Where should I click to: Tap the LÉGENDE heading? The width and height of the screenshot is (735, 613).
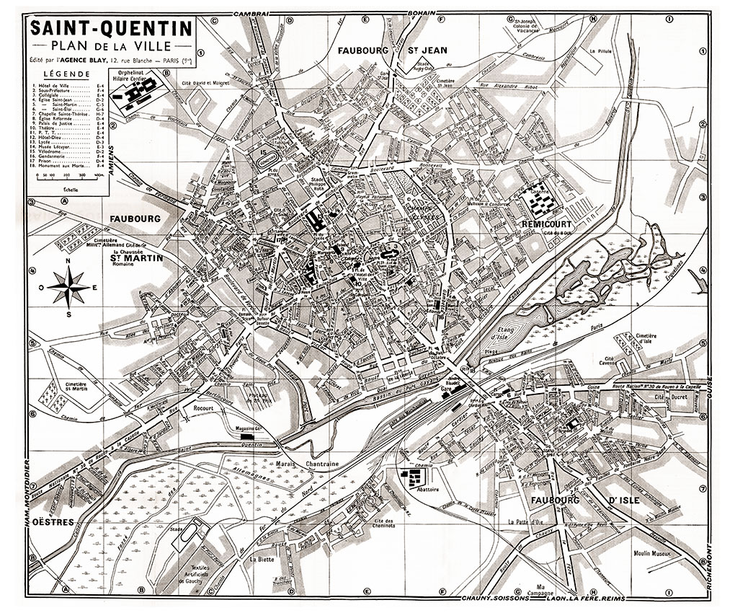pyautogui.click(x=66, y=74)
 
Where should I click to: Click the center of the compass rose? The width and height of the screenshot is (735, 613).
pyautogui.click(x=68, y=286)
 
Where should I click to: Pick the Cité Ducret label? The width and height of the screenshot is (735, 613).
pyautogui.click(x=667, y=397)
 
